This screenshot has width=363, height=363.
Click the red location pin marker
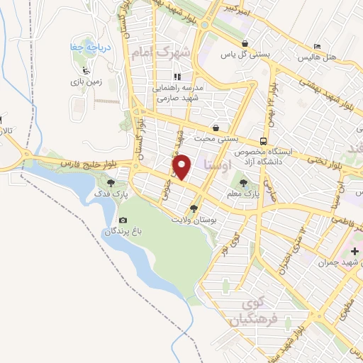pos(182,167)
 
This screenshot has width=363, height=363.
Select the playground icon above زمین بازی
pos(86,70)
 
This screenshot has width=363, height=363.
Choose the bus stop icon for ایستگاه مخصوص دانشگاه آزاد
pos(263,140)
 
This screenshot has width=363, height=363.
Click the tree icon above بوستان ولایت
pos(194,208)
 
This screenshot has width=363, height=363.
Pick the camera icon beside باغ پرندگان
pos(123,221)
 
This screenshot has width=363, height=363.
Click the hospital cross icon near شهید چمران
pos(354,251)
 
